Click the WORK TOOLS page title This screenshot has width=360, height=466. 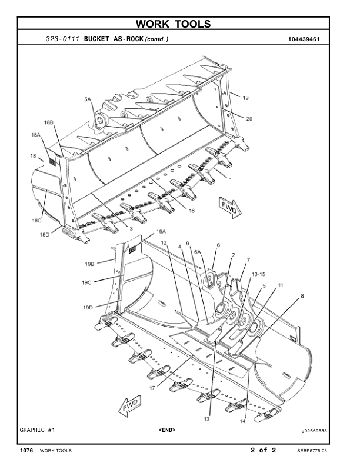(x=179, y=24)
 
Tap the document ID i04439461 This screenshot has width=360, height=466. (x=304, y=39)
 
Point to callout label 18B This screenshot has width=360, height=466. (x=49, y=122)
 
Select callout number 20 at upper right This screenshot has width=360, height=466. (x=249, y=119)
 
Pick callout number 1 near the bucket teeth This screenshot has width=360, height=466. (x=231, y=179)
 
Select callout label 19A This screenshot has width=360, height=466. (x=161, y=232)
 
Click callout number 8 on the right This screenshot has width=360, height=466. (x=302, y=297)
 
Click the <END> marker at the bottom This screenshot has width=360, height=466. (x=167, y=430)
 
